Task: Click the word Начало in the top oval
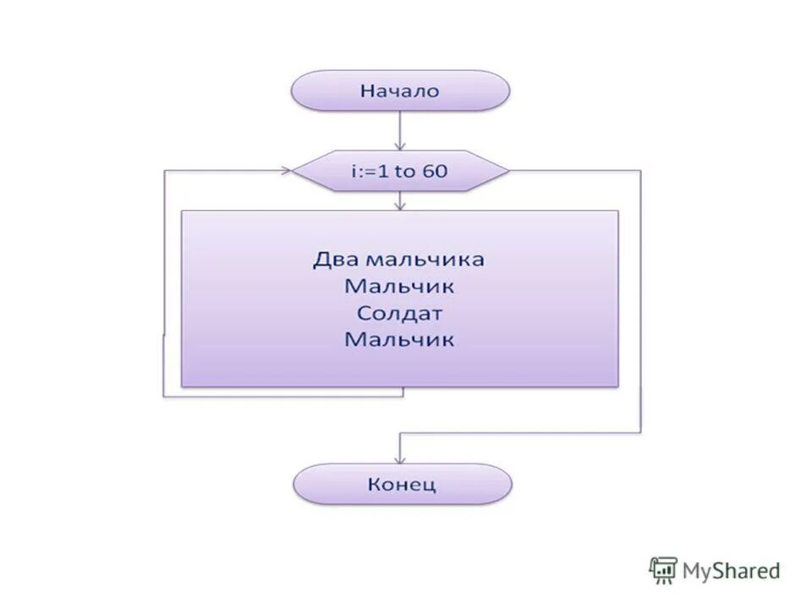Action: pos(400,91)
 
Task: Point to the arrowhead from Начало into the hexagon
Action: pos(400,145)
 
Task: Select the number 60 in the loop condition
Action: pos(435,172)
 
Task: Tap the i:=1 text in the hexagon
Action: pos(371,172)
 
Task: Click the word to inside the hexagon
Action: pos(405,172)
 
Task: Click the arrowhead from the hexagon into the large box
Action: pos(400,205)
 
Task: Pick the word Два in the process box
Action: pos(332,259)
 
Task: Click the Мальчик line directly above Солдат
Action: pos(399,286)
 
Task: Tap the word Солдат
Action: pos(399,313)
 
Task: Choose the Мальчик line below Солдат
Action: pos(399,340)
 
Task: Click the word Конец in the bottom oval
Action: pos(402,485)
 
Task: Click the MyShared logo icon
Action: pos(663,570)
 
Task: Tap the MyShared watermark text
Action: pos(730,571)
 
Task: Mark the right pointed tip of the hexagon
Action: pos(508,172)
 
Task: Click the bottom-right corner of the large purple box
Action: pos(617,387)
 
